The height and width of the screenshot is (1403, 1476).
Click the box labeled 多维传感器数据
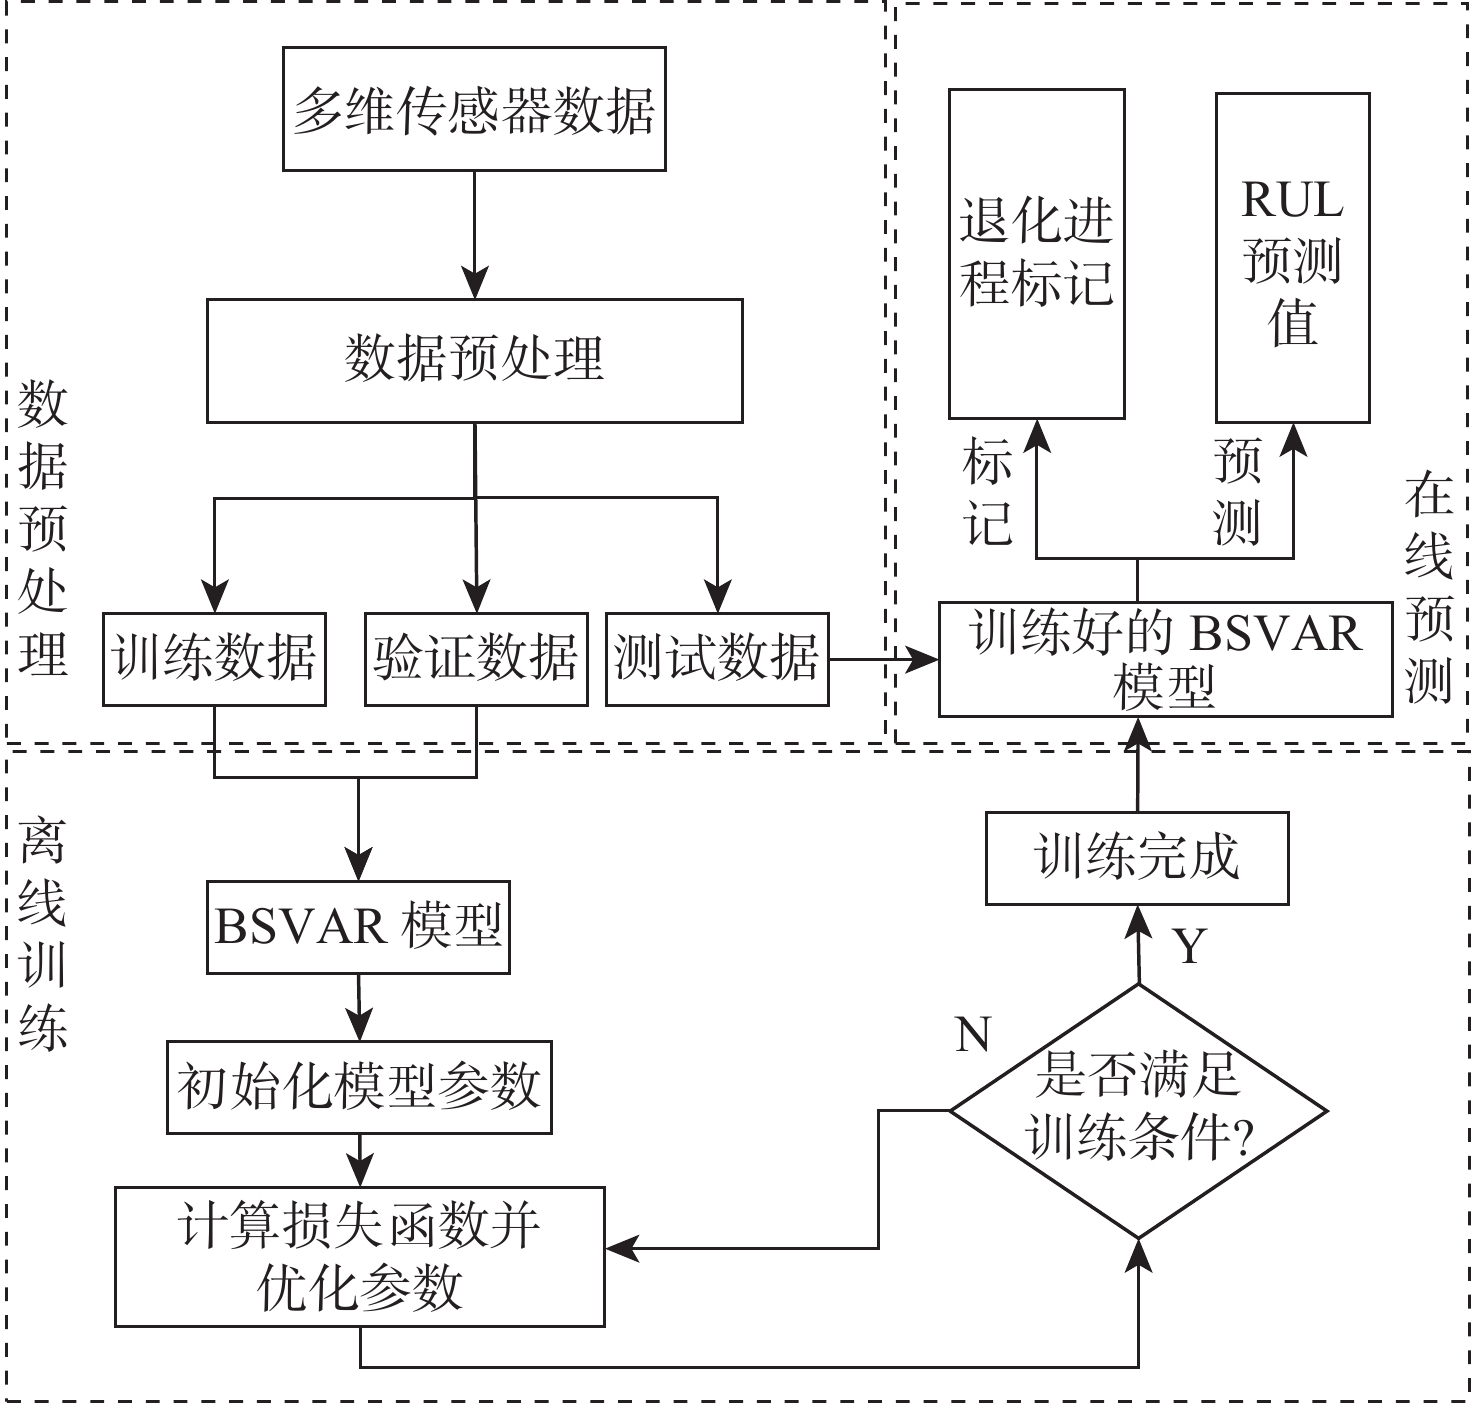point(474,109)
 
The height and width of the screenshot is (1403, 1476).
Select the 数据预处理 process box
point(474,360)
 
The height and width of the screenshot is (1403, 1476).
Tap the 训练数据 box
point(215,659)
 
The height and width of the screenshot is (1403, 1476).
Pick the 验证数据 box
point(476,659)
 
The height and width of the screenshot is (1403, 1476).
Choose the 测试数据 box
point(717,659)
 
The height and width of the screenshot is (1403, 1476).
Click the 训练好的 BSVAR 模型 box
point(1165,659)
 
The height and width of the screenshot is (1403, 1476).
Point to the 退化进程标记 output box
point(1036,253)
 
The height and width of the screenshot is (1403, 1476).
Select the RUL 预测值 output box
point(1292,257)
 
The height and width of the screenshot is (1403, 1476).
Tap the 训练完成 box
point(1137,858)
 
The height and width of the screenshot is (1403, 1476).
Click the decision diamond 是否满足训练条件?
point(1138,1110)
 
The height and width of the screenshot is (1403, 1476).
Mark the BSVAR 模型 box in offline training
point(358,927)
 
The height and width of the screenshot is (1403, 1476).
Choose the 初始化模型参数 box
point(359,1087)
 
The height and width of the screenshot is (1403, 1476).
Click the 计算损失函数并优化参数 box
point(359,1257)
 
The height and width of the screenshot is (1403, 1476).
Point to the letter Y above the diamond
point(1189,945)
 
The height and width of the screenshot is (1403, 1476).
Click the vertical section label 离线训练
point(43,930)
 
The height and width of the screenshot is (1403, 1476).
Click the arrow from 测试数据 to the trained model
point(884,659)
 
